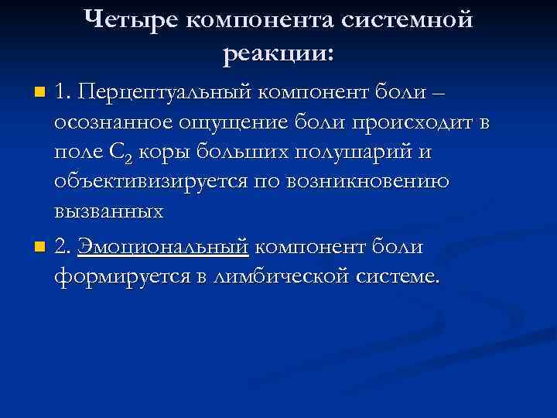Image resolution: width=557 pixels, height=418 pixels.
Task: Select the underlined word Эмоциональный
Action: pyautogui.click(x=162, y=248)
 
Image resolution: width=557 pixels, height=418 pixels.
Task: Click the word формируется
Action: pyautogui.click(x=120, y=276)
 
